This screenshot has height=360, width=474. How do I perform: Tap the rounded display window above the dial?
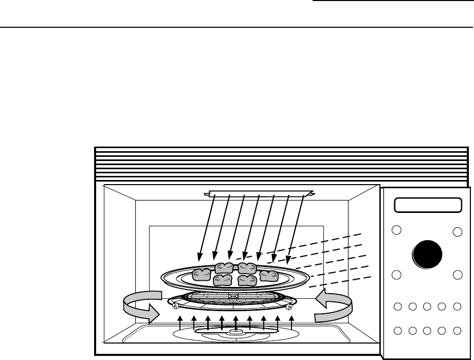point(427,205)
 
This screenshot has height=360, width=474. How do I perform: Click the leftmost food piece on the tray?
point(200,275)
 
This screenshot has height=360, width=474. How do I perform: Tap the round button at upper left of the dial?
point(396,230)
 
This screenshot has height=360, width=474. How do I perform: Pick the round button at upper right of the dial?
point(457,232)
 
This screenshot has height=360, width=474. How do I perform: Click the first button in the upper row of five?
point(397,307)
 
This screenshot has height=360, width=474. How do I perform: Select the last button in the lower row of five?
point(457,330)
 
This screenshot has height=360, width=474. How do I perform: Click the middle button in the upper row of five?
point(427,307)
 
